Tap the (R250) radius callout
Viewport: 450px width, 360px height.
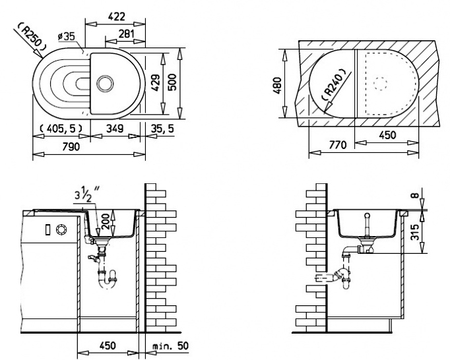click(x=30, y=39)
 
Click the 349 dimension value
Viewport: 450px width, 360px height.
click(x=114, y=128)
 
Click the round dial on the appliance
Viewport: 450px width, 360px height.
click(x=62, y=229)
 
